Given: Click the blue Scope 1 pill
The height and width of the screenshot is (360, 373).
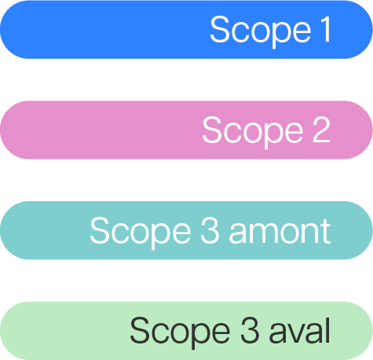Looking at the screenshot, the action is [x=186, y=29].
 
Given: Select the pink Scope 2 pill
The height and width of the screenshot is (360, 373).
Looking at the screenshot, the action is [x=186, y=130].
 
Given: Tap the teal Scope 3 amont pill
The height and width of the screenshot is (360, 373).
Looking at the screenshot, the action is [x=186, y=230].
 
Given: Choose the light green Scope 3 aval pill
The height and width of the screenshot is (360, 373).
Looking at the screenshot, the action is [x=186, y=331].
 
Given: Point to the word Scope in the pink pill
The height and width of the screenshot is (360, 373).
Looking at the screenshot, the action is [x=253, y=133].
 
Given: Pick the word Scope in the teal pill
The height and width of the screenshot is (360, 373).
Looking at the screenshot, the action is [x=141, y=233].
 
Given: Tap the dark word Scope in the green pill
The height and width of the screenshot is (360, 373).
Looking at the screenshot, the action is [x=180, y=333].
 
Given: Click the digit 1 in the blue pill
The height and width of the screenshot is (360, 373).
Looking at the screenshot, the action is [x=325, y=29].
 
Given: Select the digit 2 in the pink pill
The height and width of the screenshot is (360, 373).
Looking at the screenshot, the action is [x=322, y=130].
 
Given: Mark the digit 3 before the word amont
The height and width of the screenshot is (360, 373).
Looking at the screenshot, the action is [x=210, y=230].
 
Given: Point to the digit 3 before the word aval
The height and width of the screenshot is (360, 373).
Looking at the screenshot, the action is [x=250, y=331].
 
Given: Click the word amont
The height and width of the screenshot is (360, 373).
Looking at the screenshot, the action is [x=280, y=232].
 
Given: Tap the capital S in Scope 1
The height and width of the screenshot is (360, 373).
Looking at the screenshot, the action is [x=220, y=29].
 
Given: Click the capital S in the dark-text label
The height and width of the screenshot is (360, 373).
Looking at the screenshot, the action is [x=140, y=330].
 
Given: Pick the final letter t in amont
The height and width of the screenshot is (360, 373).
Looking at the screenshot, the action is [x=326, y=232].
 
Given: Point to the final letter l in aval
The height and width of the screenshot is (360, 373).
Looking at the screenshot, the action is [x=327, y=330].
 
